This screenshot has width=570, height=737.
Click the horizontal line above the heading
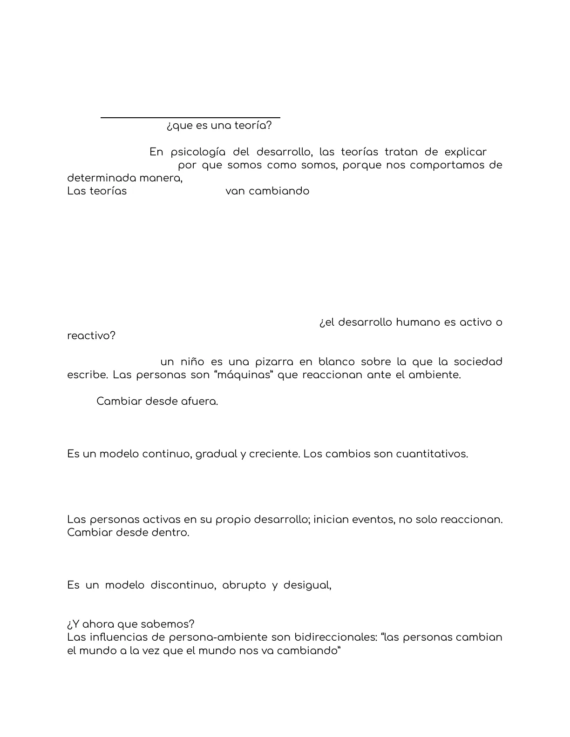click(190, 118)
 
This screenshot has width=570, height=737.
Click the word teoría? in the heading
click(254, 126)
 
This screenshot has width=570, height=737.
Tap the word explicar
click(465, 152)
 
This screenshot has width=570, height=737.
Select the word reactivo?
click(91, 335)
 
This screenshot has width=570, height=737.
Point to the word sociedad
click(478, 362)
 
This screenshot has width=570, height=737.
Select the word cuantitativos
click(432, 454)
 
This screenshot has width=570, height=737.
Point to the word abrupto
click(244, 585)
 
